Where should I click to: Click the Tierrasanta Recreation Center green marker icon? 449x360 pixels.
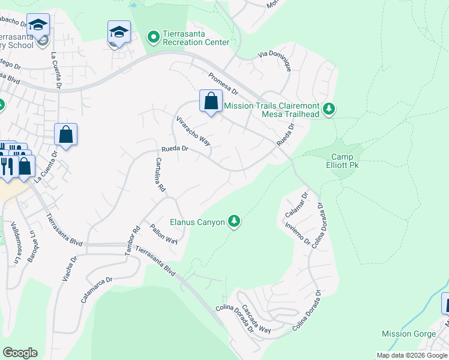click(x=154, y=37)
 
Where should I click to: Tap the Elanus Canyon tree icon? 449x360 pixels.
click(x=235, y=222)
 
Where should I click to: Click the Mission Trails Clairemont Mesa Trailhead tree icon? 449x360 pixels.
click(x=328, y=109)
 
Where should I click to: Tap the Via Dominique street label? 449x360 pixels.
click(x=275, y=62)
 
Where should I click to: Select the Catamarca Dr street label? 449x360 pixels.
click(x=95, y=289)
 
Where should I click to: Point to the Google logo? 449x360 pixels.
click(x=19, y=353)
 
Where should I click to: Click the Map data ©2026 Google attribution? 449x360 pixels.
click(x=412, y=355)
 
